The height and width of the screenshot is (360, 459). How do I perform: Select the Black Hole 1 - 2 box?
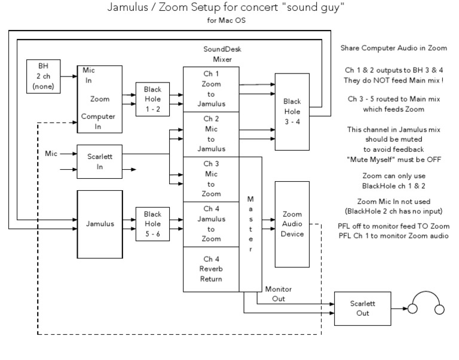152,98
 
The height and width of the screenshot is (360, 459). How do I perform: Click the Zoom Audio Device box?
292,224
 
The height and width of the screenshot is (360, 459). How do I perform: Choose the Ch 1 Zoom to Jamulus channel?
212,89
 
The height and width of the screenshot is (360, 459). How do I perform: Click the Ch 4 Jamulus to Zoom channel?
212,224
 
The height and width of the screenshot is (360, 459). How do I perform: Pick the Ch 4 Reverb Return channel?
212,269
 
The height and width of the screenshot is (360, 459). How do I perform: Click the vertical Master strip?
250,223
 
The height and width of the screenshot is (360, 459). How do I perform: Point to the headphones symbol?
425,304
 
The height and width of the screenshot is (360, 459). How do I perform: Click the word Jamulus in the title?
128,7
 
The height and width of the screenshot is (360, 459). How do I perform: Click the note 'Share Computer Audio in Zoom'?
393,48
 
